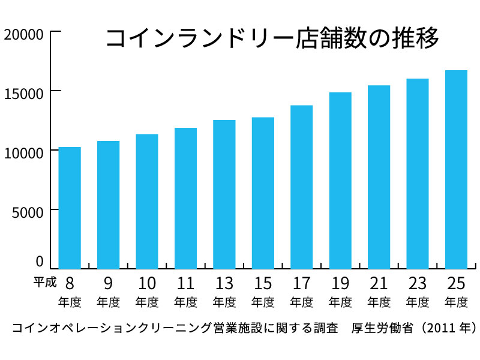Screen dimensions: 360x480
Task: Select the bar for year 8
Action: click(70, 208)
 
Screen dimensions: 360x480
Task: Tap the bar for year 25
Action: click(456, 169)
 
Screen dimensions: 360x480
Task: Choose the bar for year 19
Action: click(340, 180)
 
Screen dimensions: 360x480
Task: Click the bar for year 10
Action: click(147, 201)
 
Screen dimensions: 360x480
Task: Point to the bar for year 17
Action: click(302, 187)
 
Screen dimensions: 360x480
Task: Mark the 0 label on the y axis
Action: click(40, 262)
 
